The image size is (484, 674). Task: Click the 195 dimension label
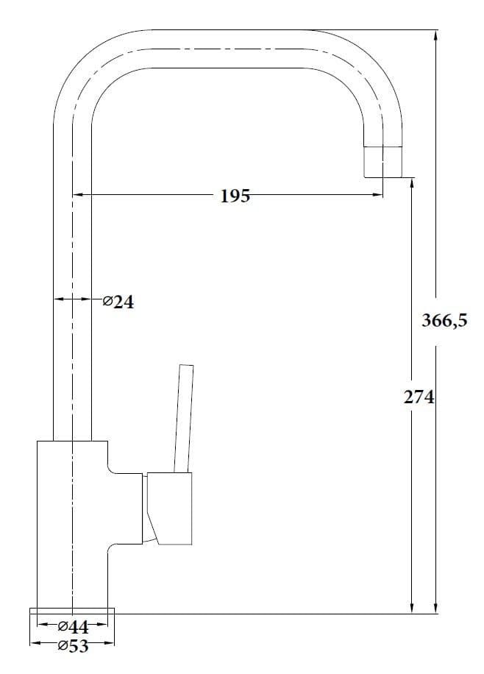point(235,196)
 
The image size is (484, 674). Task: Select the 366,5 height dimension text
point(444,321)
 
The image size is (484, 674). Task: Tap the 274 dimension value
point(419,397)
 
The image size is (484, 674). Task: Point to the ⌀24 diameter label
point(118,302)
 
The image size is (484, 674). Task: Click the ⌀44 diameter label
point(73,627)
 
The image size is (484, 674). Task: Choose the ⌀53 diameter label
point(73,646)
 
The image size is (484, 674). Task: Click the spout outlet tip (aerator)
point(383,162)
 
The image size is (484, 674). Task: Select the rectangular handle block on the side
point(169,508)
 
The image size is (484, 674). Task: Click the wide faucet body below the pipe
point(72,525)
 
